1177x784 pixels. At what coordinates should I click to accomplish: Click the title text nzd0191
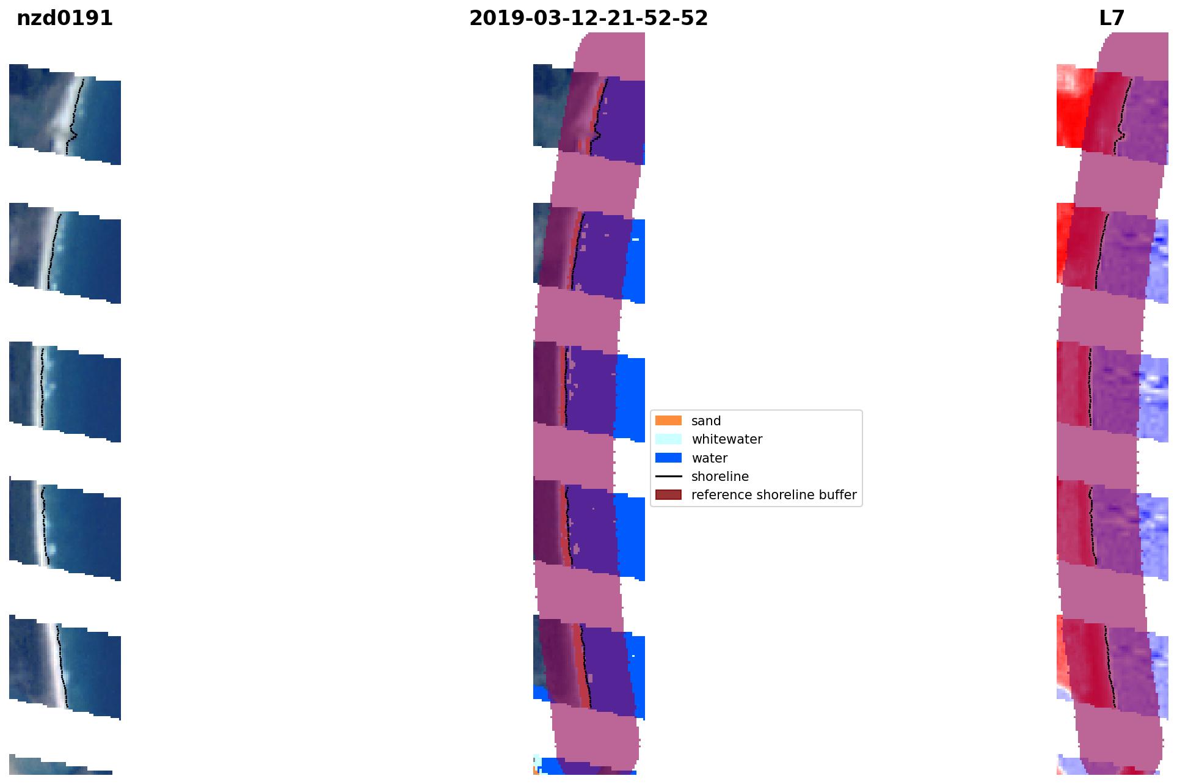[65, 18]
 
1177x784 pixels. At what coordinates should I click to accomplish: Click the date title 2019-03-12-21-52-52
[588, 18]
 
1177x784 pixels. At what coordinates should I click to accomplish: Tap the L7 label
[1112, 18]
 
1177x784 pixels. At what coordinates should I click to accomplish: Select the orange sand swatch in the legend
[668, 421]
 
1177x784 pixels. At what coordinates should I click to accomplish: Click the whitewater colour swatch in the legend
[668, 439]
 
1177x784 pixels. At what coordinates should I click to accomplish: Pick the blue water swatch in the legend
[668, 458]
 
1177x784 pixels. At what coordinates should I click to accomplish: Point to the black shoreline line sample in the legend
[668, 477]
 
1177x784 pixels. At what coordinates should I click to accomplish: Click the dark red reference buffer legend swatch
[668, 495]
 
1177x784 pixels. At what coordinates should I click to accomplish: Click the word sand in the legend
[706, 421]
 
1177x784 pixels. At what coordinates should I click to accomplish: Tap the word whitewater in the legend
[727, 439]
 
